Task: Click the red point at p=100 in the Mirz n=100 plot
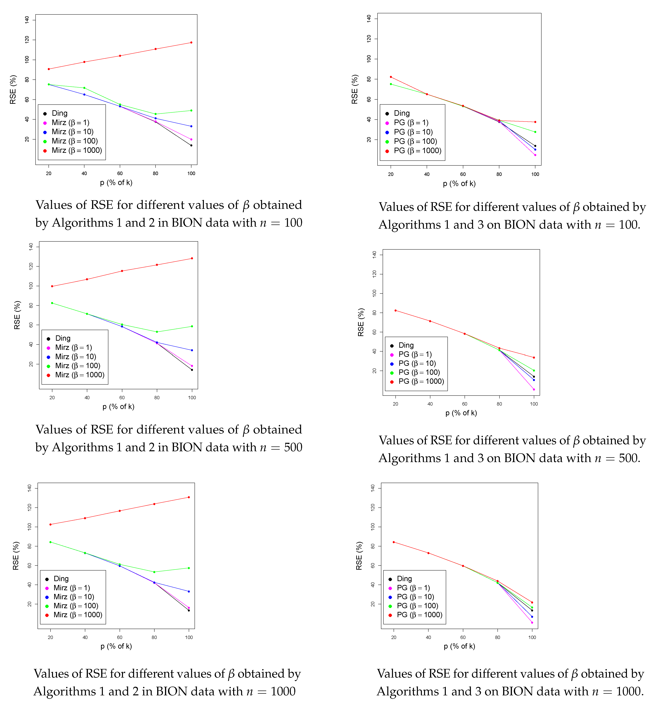click(191, 42)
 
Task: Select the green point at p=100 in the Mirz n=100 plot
click(191, 110)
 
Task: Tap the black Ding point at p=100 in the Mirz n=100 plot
click(191, 145)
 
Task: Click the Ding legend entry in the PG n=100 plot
click(401, 113)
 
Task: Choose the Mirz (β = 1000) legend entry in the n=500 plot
click(79, 375)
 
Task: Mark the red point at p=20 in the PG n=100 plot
click(391, 77)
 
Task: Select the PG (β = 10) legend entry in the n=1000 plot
click(415, 597)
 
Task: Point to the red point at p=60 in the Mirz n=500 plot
click(122, 271)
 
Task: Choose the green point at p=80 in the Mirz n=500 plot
click(157, 332)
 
